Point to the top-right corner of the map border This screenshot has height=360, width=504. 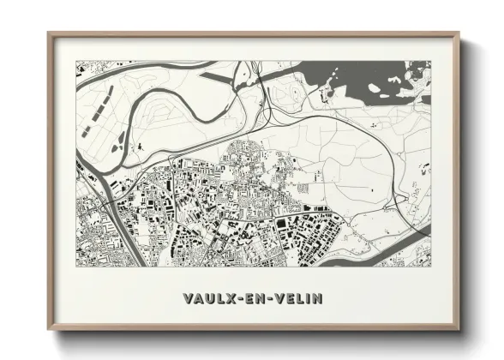(x=431, y=61)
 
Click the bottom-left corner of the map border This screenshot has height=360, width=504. (x=75, y=266)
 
